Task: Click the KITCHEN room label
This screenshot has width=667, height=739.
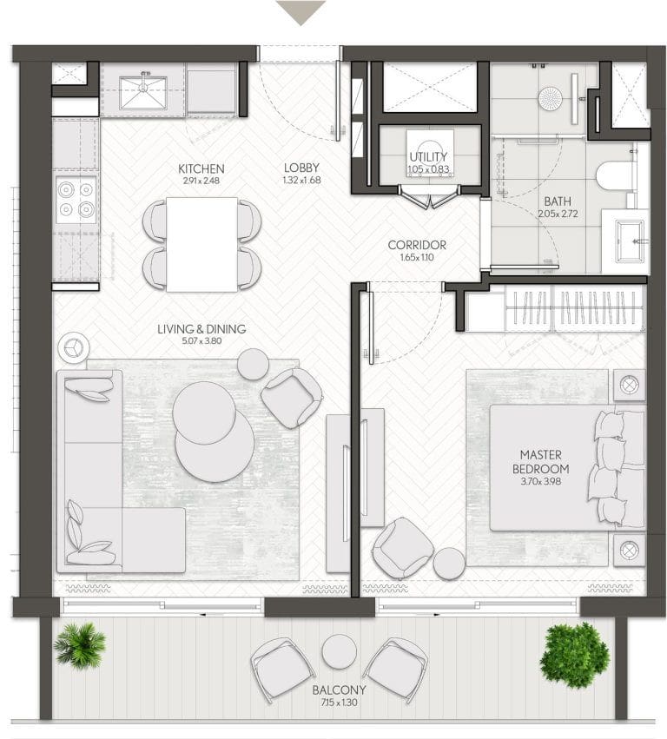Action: coord(201,168)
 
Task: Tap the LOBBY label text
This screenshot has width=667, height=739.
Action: coord(301,168)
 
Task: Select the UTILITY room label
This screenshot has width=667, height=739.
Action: coord(428,157)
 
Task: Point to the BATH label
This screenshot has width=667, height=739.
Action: coord(558,201)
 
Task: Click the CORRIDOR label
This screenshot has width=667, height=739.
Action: coord(417,245)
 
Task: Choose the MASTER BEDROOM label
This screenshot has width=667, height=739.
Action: coord(541,462)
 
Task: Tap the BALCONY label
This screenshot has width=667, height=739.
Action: coord(339,690)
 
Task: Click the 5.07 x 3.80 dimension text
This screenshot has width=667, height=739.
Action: coord(201,340)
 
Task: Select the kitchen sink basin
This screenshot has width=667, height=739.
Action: coord(142,93)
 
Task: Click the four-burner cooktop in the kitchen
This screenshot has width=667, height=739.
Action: coord(76,200)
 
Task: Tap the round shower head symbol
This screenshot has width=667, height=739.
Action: coord(550,98)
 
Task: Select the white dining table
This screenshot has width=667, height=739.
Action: coord(201,245)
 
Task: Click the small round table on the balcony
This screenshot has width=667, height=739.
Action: coord(340,651)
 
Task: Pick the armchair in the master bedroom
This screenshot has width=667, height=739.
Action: coord(403,548)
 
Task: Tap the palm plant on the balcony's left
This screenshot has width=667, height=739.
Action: coord(80,646)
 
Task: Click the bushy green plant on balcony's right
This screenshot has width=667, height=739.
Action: coord(575,651)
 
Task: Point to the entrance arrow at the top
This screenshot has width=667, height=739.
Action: coord(300,12)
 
